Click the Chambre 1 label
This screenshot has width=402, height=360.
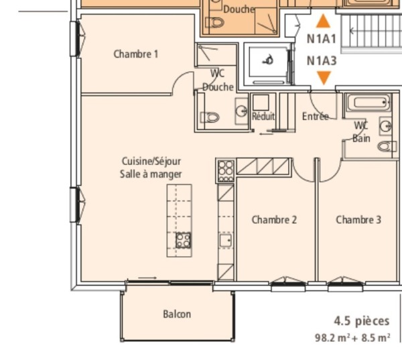(x=136, y=54)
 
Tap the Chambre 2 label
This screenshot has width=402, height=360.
(x=274, y=219)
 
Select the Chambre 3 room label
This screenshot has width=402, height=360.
(x=358, y=219)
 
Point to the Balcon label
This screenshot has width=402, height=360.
(x=177, y=314)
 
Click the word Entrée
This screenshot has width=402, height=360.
(x=315, y=116)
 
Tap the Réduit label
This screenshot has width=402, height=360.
(x=263, y=116)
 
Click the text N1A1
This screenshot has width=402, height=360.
(x=322, y=39)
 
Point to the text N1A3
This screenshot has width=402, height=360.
(x=322, y=61)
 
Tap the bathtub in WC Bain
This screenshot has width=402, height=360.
(x=366, y=104)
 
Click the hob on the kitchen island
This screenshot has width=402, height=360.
(x=183, y=240)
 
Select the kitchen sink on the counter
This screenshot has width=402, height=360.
(x=226, y=239)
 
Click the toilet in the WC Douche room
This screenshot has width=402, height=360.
(x=210, y=117)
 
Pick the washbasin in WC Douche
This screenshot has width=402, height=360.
(x=242, y=110)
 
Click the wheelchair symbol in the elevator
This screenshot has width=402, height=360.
(x=269, y=60)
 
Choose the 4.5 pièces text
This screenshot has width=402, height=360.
(x=362, y=321)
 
